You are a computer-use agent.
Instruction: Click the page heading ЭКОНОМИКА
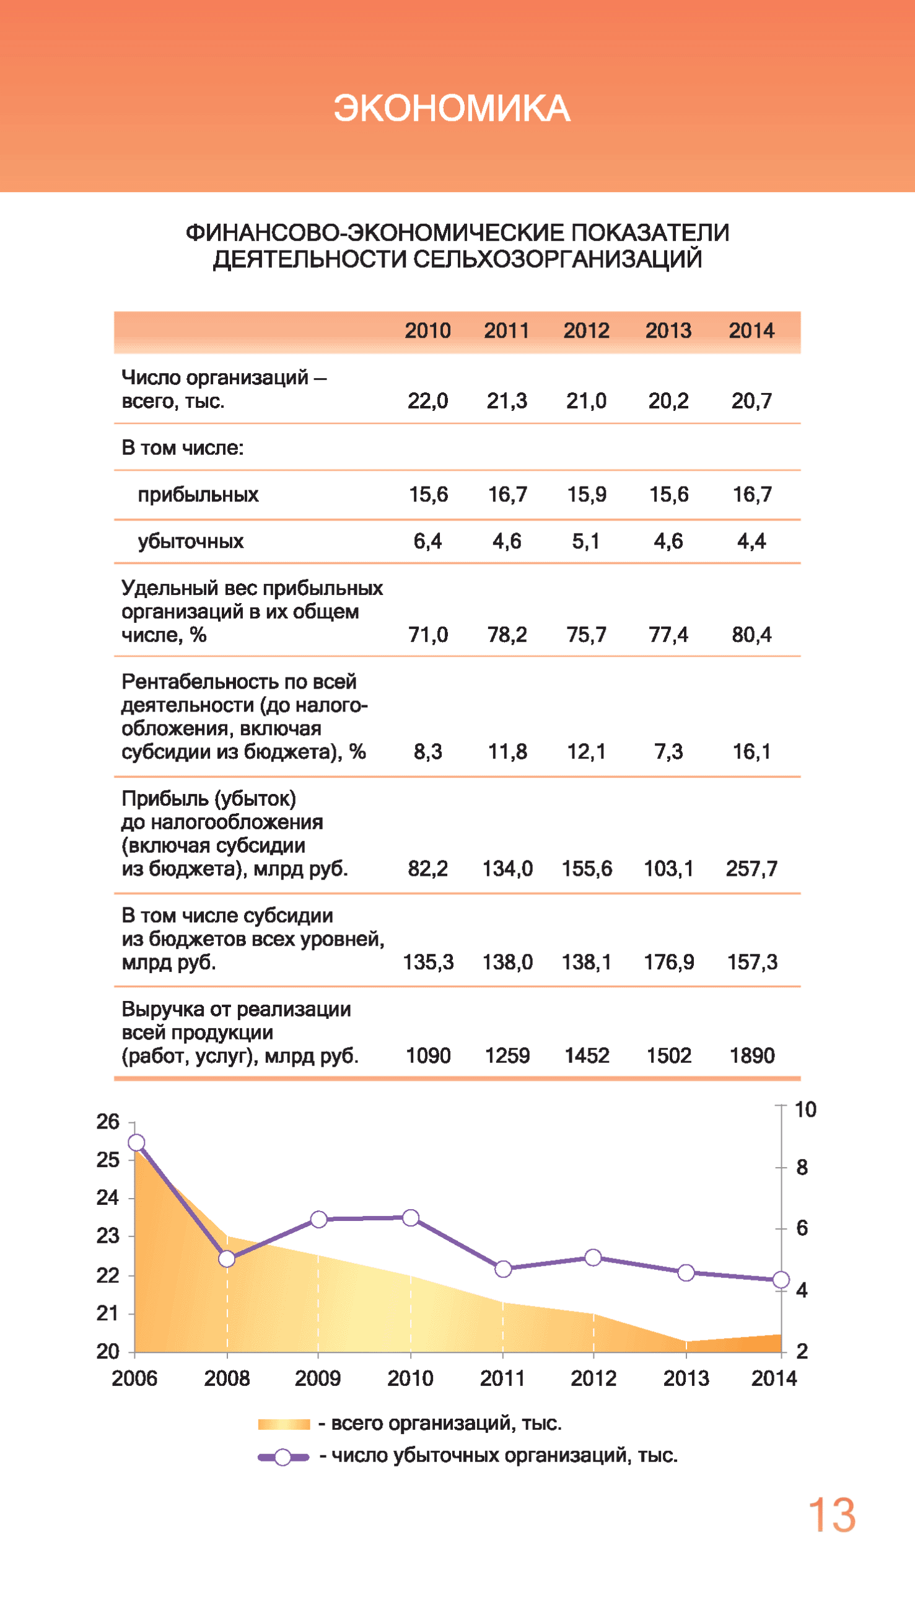(x=451, y=108)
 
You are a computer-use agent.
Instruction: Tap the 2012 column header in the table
(x=585, y=330)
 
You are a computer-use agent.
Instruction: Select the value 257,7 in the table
(x=751, y=868)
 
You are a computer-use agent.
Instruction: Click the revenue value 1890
(x=751, y=1055)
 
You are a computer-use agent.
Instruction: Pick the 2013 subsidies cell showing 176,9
(x=668, y=962)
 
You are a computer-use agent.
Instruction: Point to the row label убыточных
(x=190, y=541)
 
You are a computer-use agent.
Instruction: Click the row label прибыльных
(x=198, y=495)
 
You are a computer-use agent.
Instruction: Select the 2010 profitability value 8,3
(x=427, y=752)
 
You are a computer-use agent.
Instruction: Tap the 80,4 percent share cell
(x=751, y=635)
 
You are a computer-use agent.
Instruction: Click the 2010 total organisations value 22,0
(x=427, y=400)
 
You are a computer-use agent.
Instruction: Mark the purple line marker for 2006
(x=136, y=1143)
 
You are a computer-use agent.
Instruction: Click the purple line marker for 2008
(x=227, y=1259)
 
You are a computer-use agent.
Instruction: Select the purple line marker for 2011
(x=503, y=1269)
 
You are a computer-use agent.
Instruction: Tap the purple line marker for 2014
(x=781, y=1280)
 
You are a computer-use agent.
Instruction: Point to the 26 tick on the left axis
(x=107, y=1122)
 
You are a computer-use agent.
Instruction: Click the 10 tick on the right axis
(x=805, y=1109)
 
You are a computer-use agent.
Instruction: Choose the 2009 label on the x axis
(x=317, y=1378)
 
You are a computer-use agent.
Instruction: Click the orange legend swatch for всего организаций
(x=284, y=1424)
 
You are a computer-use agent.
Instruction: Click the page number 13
(x=831, y=1515)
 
